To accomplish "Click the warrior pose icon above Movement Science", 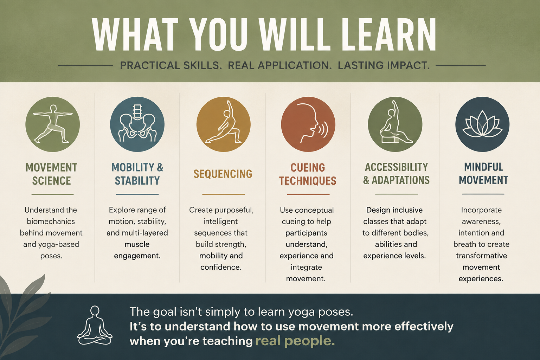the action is pyautogui.click(x=52, y=124).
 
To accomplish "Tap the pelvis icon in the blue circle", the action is pyautogui.click(x=137, y=123).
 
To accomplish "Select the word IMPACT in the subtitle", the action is pyautogui.click(x=407, y=65).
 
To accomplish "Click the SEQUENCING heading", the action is pyautogui.click(x=223, y=174).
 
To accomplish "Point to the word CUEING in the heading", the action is pyautogui.click(x=308, y=167).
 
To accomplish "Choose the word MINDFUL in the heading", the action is pyautogui.click(x=484, y=167).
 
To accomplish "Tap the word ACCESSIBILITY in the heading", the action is pyautogui.click(x=396, y=167).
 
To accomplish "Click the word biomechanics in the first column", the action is pyautogui.click(x=51, y=221).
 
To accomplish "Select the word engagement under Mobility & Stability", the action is pyautogui.click(x=137, y=256).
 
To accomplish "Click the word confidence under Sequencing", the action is pyautogui.click(x=221, y=267).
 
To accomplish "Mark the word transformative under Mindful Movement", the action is pyautogui.click(x=481, y=256).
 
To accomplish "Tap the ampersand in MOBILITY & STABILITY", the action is pyautogui.click(x=160, y=167).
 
